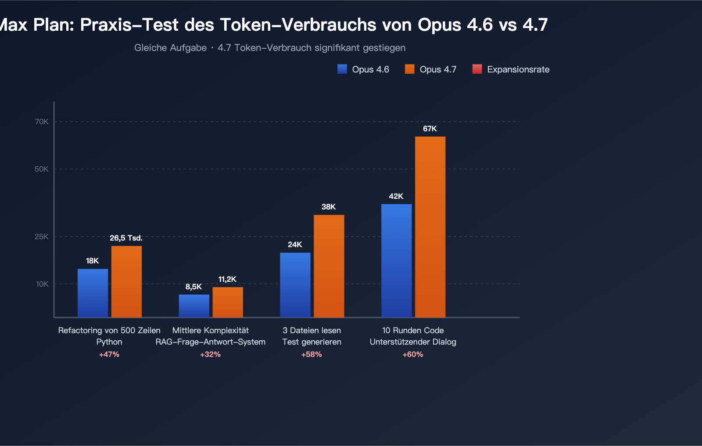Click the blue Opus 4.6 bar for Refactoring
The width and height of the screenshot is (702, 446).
[x=93, y=293]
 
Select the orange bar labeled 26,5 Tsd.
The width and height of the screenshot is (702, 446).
[x=126, y=281]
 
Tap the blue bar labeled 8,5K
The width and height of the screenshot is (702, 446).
[x=194, y=306]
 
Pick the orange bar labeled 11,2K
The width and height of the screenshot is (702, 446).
[x=228, y=302]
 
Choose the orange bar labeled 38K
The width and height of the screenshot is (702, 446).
[x=329, y=266]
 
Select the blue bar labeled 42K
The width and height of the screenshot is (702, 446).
[x=397, y=260]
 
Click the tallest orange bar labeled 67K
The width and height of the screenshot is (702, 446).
[x=430, y=227]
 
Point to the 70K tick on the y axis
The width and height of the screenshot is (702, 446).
[x=42, y=122]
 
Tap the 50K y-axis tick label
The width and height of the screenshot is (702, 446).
[x=42, y=169]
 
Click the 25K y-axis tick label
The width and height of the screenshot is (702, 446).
[x=42, y=237]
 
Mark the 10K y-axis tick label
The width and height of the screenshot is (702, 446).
[x=42, y=284]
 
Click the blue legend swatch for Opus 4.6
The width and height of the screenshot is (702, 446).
[x=342, y=69]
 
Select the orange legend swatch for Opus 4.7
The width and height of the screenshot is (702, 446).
[x=410, y=69]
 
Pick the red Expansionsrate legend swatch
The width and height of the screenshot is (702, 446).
[x=477, y=69]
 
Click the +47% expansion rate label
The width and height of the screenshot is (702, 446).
[x=109, y=354]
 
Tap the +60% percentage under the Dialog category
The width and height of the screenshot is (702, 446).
[x=413, y=354]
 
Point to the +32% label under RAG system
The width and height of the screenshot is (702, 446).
[x=211, y=354]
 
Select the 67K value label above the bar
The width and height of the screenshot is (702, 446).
[x=430, y=129]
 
